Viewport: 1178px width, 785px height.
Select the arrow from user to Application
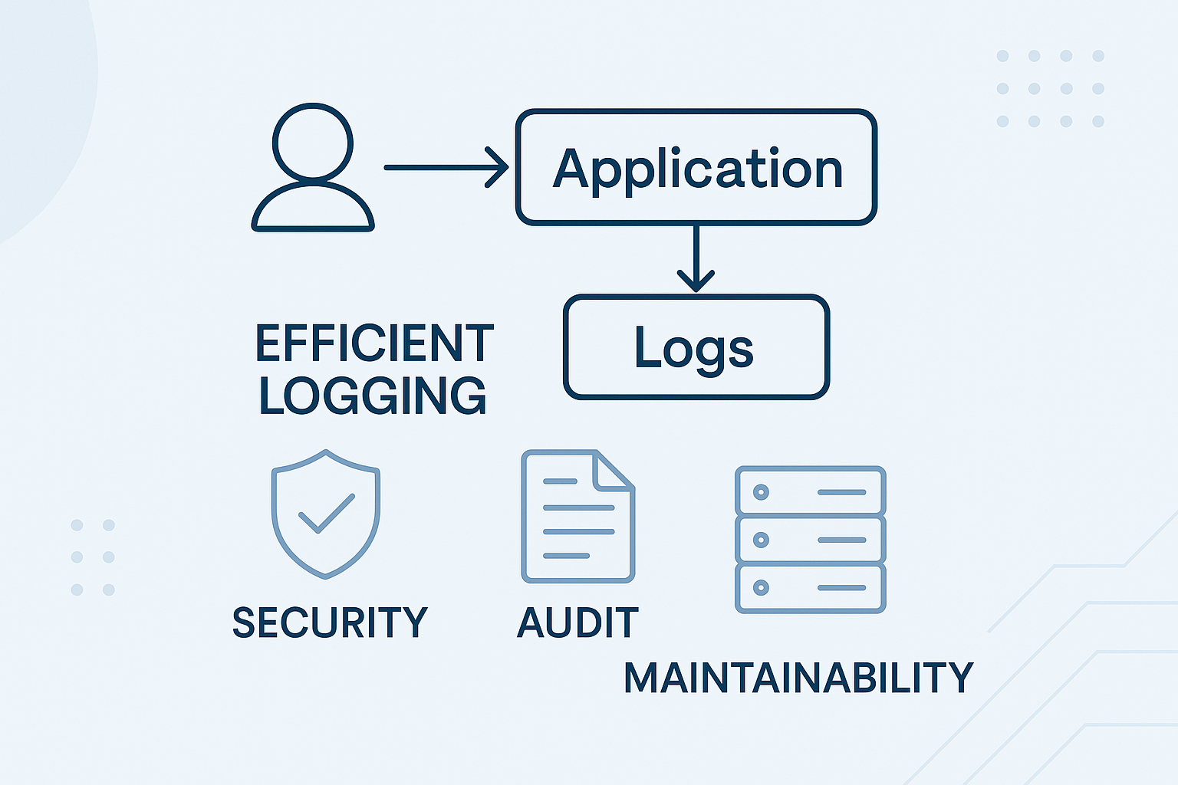pyautogui.click(x=446, y=167)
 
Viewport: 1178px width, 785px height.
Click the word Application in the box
pyautogui.click(x=697, y=169)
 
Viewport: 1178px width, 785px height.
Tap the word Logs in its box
pyautogui.click(x=694, y=349)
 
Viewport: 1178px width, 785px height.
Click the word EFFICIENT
pyautogui.click(x=374, y=343)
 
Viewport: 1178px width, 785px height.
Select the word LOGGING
pyautogui.click(x=373, y=396)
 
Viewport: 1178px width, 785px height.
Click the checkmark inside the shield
pyautogui.click(x=326, y=513)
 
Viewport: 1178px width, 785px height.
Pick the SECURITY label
pyautogui.click(x=330, y=622)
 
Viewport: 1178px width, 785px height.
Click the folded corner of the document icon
pyautogui.click(x=614, y=469)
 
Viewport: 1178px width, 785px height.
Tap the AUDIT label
pyautogui.click(x=577, y=622)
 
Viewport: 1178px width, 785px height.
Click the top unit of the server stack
pyautogui.click(x=810, y=491)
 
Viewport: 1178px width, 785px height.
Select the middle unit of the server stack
pyautogui.click(x=810, y=540)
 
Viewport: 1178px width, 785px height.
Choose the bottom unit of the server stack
pyautogui.click(x=810, y=588)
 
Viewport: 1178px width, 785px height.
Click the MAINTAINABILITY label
pyautogui.click(x=798, y=678)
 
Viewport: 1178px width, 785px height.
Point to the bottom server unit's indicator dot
pyautogui.click(x=761, y=588)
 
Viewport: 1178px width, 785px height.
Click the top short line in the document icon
pyautogui.click(x=560, y=481)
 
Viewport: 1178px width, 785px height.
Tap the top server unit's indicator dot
pyautogui.click(x=761, y=491)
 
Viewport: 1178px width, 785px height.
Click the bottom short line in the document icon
pyautogui.click(x=566, y=556)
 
